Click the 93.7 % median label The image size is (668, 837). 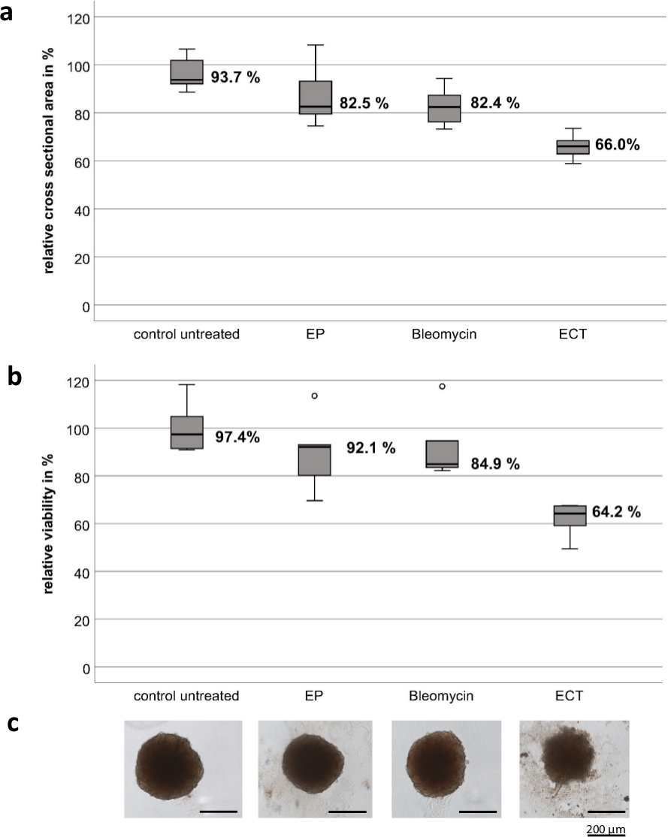pos(235,77)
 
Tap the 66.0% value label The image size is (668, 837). pos(617,146)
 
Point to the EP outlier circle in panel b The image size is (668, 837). pos(315,396)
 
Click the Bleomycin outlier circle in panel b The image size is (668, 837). pos(442,387)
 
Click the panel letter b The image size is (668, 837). pos(13,376)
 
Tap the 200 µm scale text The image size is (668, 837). pos(605,829)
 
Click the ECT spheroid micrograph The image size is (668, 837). pos(574,768)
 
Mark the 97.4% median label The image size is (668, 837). pos(235,437)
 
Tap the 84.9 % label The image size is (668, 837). pos(494,464)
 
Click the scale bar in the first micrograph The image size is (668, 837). pos(219,811)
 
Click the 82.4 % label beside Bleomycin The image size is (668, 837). pos(494,103)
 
